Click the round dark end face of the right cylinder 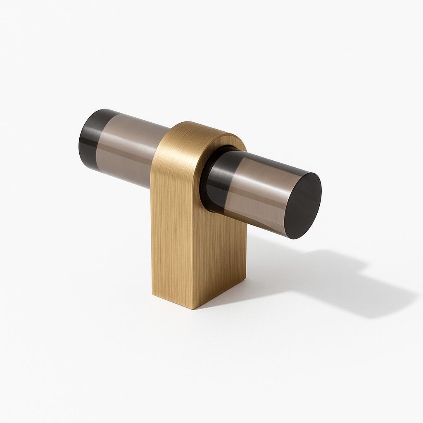303,205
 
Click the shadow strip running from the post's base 269,285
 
